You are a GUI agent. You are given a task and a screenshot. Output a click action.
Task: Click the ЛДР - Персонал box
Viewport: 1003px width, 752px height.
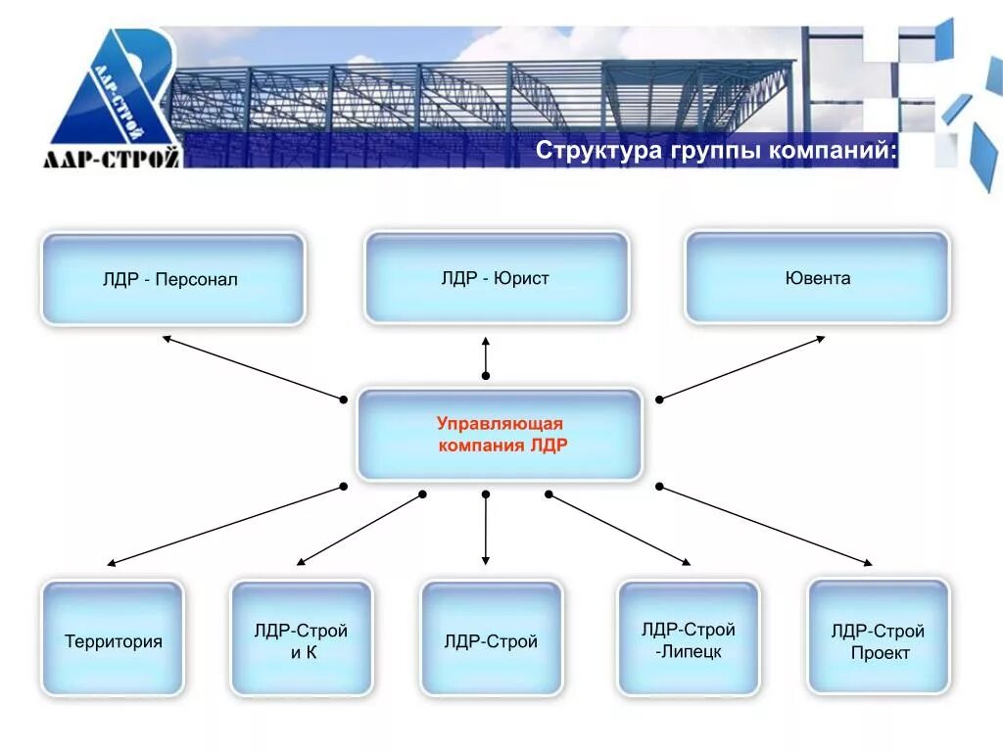pyautogui.click(x=172, y=279)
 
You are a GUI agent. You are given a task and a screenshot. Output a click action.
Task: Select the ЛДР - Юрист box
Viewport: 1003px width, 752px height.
pyautogui.click(x=496, y=278)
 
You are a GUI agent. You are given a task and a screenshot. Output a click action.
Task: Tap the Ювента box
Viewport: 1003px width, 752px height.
pyautogui.click(x=817, y=278)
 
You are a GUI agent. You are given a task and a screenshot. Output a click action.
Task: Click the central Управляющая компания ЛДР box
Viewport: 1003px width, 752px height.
pyautogui.click(x=500, y=434)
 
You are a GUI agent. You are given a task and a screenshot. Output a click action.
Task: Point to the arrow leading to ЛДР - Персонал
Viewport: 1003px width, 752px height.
pyautogui.click(x=253, y=367)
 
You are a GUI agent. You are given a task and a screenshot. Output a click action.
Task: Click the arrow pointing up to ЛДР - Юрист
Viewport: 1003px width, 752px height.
pyautogui.click(x=485, y=356)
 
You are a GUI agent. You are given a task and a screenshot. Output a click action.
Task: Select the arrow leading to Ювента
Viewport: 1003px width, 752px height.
pyautogui.click(x=741, y=368)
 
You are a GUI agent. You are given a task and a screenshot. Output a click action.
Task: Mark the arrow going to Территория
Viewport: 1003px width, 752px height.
pyautogui.click(x=225, y=525)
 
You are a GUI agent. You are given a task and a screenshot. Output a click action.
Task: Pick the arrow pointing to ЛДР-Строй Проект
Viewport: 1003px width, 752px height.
pyautogui.click(x=765, y=525)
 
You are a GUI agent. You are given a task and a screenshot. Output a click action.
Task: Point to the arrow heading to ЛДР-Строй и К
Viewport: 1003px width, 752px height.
pyautogui.click(x=359, y=529)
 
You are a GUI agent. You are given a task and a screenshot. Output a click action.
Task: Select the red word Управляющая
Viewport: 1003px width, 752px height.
pyautogui.click(x=500, y=423)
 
